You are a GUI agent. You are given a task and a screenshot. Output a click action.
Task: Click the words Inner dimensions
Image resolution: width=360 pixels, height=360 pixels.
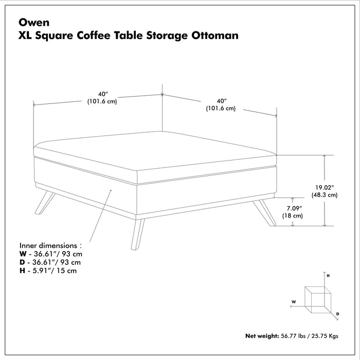50,245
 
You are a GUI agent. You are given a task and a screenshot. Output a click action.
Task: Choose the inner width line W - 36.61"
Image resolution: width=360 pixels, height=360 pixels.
50,254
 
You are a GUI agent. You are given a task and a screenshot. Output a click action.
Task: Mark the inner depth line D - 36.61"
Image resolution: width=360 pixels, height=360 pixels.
50,262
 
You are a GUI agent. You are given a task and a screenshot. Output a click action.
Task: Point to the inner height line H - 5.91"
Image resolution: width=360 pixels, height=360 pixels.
48,271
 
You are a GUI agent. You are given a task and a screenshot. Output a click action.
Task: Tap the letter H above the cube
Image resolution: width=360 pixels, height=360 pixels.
328,276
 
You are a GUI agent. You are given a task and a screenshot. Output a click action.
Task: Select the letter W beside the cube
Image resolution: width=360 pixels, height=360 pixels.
293,302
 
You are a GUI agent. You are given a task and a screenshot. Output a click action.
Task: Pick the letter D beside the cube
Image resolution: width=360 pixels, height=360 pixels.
337,313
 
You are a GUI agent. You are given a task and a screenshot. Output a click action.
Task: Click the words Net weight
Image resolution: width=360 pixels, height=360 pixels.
262,336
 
